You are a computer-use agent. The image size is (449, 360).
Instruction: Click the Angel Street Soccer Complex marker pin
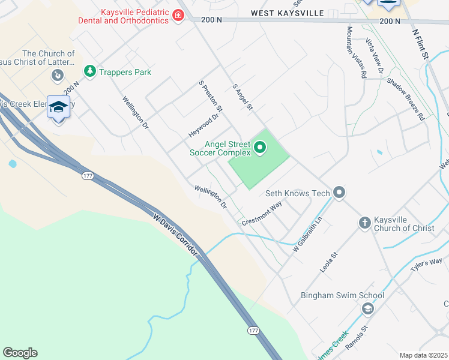coord(260,147)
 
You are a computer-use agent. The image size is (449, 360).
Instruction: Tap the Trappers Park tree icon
coord(90,72)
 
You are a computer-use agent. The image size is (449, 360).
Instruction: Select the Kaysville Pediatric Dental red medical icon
coord(178,16)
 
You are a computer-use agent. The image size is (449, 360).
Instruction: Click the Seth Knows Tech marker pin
coord(339,193)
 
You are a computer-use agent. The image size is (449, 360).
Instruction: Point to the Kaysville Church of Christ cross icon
coord(364,223)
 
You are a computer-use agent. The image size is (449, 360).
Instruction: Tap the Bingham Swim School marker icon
coord(367,308)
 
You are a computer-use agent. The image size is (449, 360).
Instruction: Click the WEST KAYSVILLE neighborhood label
coord(287,13)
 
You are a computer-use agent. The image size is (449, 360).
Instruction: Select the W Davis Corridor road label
coord(175,235)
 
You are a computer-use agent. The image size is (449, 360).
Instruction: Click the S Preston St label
coord(211,96)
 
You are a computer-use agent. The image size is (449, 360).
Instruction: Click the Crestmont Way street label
coord(262,214)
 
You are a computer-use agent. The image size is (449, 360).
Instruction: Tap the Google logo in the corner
coord(20,353)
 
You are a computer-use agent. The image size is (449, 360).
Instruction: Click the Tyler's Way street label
coord(426,265)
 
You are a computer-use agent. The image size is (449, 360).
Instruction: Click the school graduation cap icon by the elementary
coord(58,107)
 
